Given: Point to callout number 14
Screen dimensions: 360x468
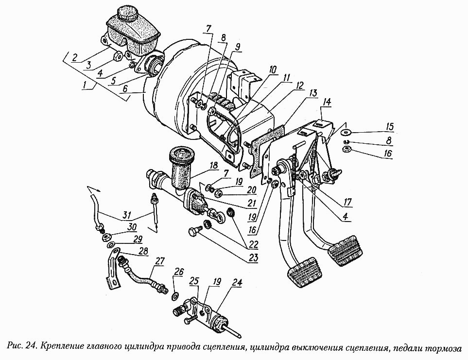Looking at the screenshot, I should [327, 103].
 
